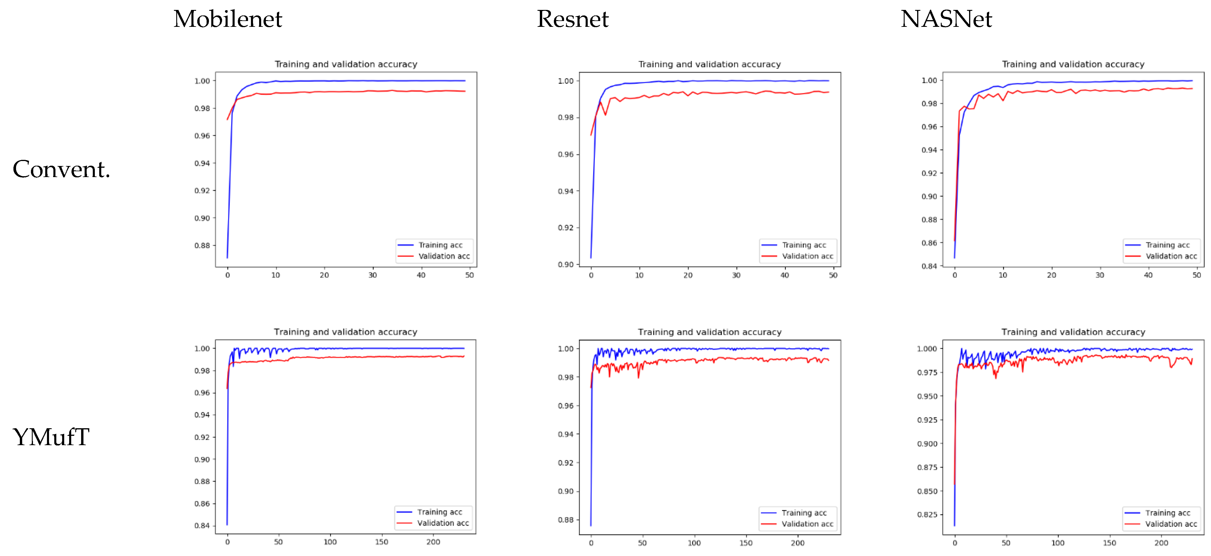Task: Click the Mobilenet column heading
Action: click(228, 19)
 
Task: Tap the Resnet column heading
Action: click(573, 19)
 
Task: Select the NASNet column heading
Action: click(946, 19)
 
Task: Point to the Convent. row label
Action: click(61, 169)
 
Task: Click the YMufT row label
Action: click(51, 437)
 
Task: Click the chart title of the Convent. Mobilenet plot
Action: click(345, 64)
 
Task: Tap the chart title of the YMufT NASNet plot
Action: click(1073, 332)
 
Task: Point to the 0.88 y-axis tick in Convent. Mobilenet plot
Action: click(202, 245)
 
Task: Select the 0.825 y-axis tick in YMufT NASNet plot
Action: click(927, 515)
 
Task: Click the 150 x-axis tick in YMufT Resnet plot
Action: click(746, 543)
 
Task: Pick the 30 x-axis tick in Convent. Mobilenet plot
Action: click(372, 275)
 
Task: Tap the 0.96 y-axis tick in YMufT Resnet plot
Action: click(566, 405)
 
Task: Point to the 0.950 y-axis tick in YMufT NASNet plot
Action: click(927, 396)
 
